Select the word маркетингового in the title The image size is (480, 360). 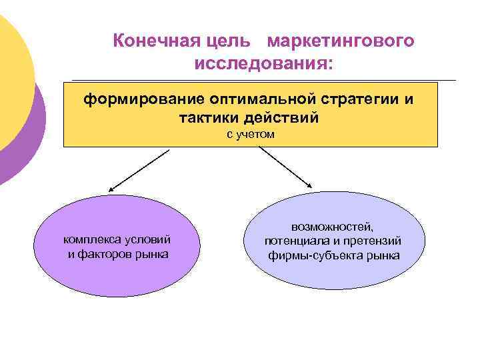coord(341,41)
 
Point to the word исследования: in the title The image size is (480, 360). coord(263,65)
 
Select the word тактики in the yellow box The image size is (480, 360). coord(208,118)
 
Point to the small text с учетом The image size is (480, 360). coord(250,135)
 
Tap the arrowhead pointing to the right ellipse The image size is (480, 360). coord(311,186)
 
